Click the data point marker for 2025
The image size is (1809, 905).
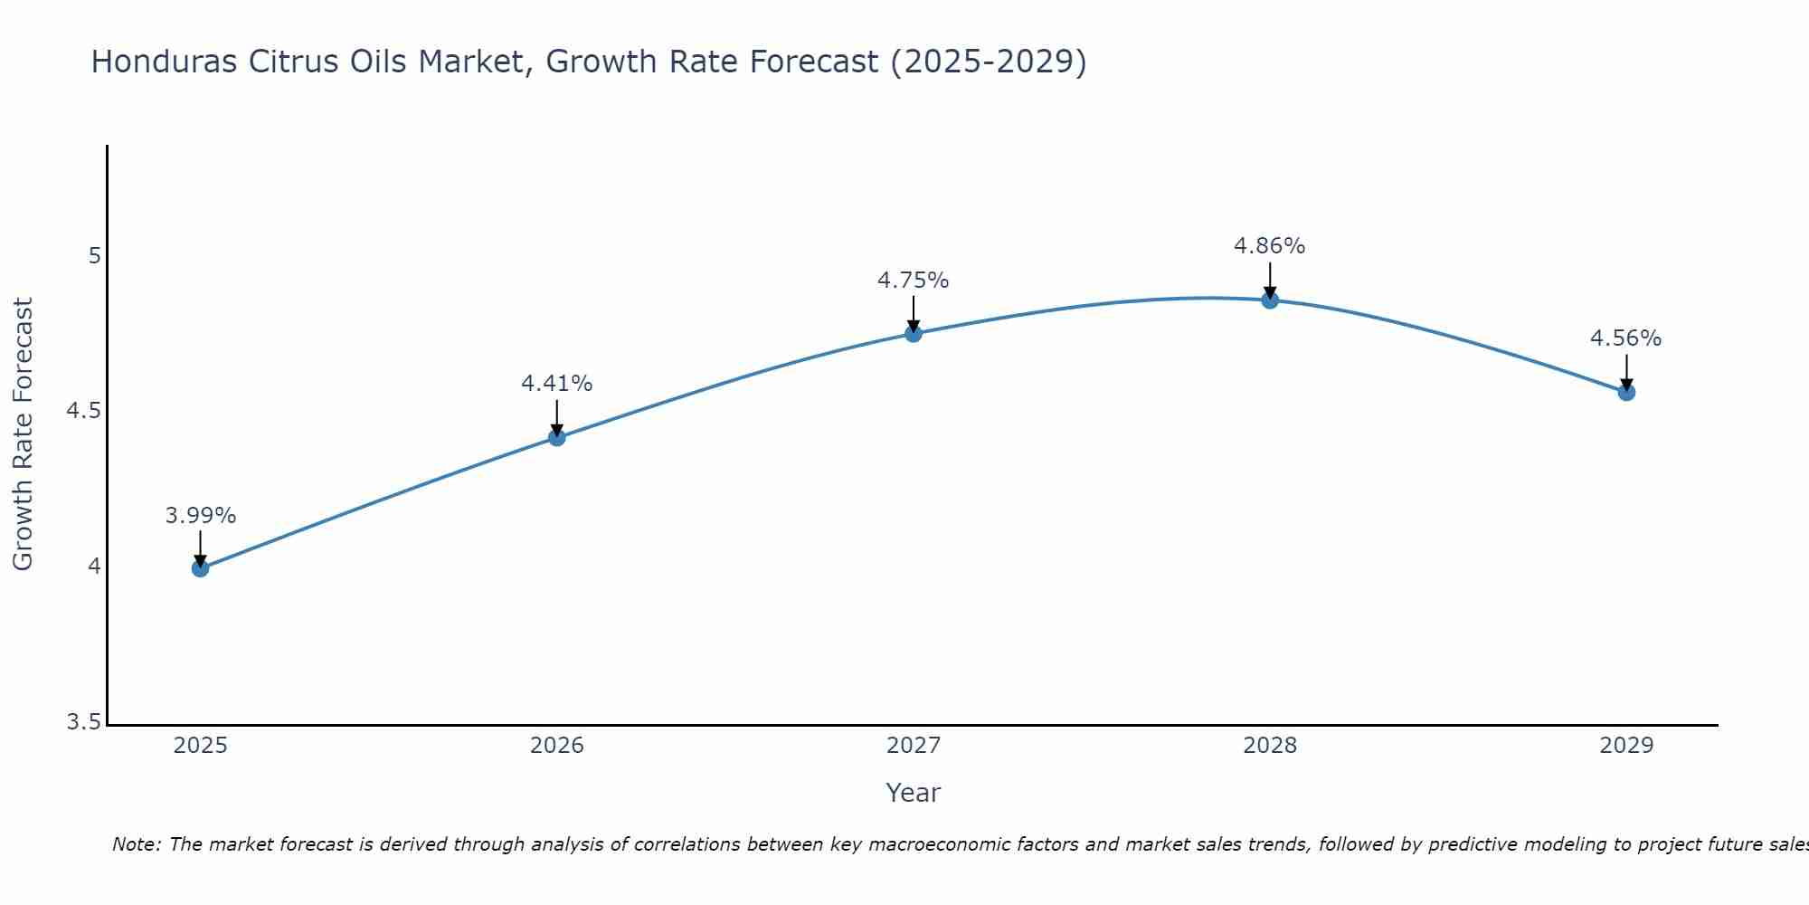point(200,568)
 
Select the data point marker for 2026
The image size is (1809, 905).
point(556,437)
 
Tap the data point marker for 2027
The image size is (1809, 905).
point(913,333)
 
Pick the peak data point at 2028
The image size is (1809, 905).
point(1269,300)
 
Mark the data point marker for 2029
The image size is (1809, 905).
point(1625,392)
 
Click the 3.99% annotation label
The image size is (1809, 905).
point(200,516)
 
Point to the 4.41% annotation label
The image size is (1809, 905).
point(556,384)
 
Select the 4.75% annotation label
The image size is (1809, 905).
point(913,281)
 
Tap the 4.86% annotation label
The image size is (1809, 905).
point(1269,246)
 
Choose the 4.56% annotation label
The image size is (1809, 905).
point(1625,338)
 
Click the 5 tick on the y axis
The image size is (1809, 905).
point(94,256)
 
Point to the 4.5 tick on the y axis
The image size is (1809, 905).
point(83,412)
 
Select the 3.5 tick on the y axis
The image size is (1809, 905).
point(83,722)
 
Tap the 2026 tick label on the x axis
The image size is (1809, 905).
point(556,746)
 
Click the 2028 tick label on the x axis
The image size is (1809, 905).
point(1269,746)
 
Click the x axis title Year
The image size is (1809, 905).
point(913,793)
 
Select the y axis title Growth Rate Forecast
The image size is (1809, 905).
point(23,434)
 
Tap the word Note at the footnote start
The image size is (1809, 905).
point(136,844)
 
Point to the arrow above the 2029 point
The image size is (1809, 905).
point(1625,371)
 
